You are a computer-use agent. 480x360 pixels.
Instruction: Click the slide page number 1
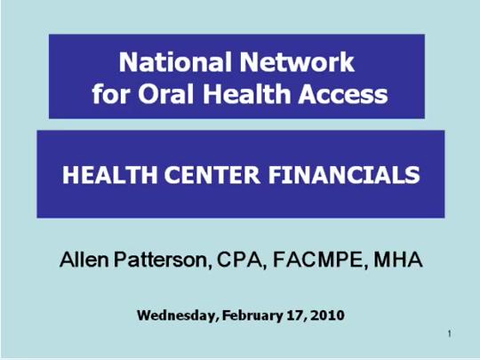tap(452, 334)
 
